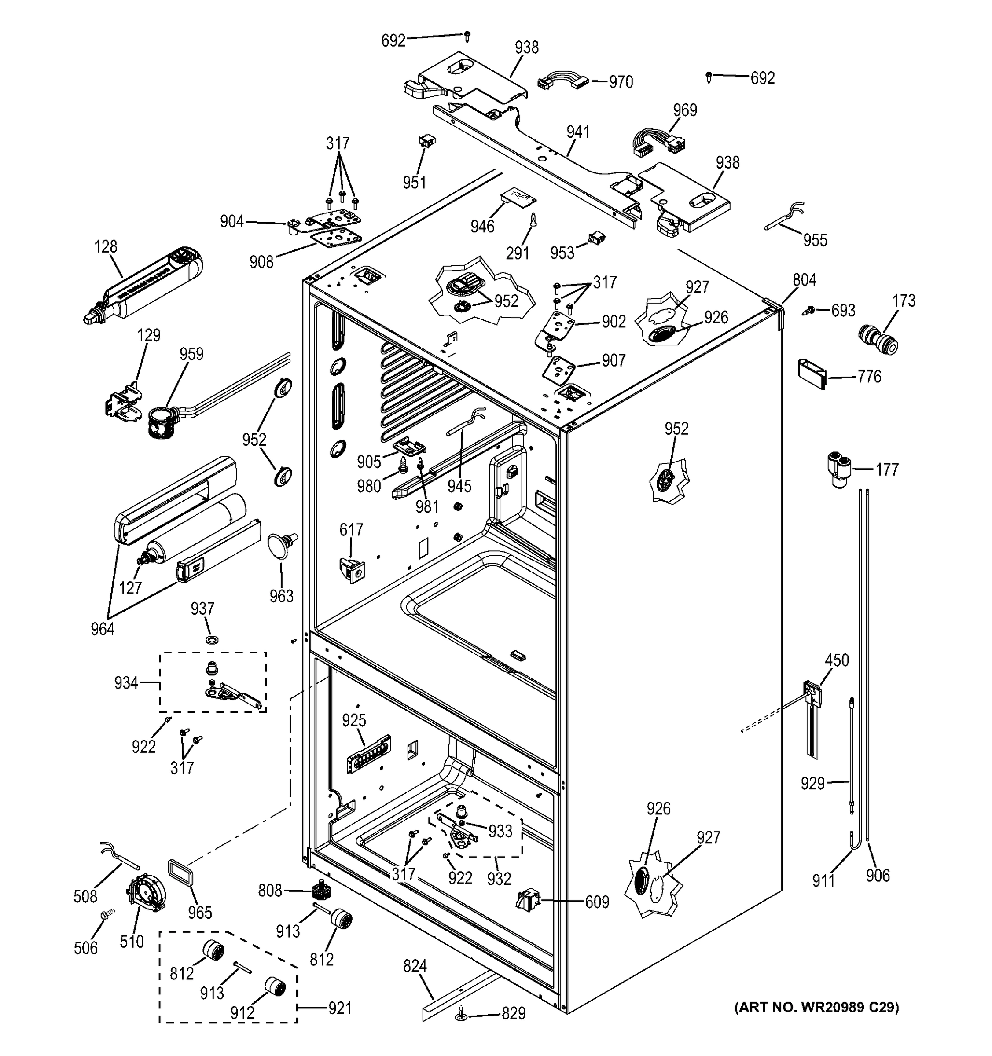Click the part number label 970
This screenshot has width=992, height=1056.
pyautogui.click(x=620, y=82)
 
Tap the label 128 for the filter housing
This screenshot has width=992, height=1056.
pyautogui.click(x=106, y=247)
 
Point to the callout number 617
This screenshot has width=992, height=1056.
pyautogui.click(x=351, y=530)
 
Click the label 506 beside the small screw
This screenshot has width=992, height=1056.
pyautogui.click(x=85, y=948)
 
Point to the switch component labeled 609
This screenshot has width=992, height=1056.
pyautogui.click(x=528, y=900)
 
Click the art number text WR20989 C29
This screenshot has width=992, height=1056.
pyautogui.click(x=817, y=1007)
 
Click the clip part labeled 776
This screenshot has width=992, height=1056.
pyautogui.click(x=812, y=374)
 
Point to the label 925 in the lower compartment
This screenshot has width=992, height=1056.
pyautogui.click(x=354, y=720)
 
